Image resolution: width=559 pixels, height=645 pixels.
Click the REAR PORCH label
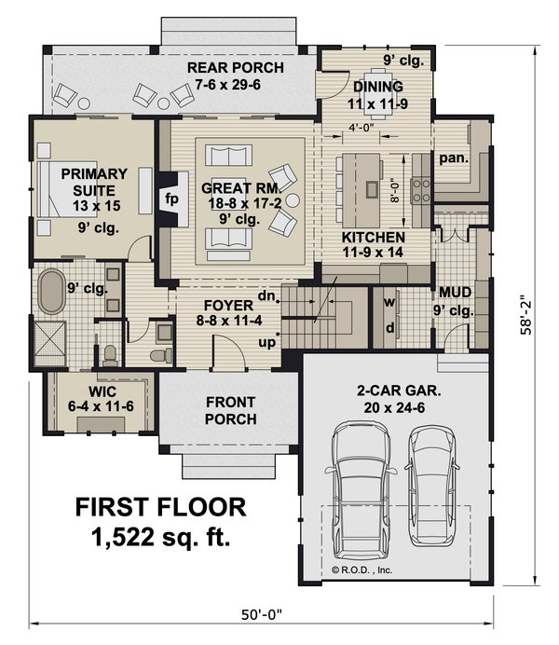coord(235,67)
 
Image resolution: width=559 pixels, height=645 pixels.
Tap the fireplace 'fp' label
coord(171,199)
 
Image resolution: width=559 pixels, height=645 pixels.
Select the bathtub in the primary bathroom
coord(51,291)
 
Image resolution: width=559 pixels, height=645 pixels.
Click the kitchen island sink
coord(373,189)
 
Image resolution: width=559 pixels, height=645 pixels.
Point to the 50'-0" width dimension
coord(262,614)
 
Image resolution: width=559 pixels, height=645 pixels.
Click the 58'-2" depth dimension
coord(526,315)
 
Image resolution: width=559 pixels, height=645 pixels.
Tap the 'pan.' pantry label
coord(454,158)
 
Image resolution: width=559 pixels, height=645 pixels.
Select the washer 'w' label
coord(389,302)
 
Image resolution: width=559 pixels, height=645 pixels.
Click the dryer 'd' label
coord(390,328)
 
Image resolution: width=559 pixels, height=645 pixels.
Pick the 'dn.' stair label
coord(266,295)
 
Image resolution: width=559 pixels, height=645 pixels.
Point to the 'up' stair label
coord(266,342)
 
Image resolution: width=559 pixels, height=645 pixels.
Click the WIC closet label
coord(102,391)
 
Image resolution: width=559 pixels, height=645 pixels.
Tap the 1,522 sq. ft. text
coord(160,537)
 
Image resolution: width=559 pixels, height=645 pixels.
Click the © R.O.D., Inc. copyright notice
coord(361,570)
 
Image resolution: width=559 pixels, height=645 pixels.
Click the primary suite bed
coord(67,189)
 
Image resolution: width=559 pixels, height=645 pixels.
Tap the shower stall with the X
coord(50,344)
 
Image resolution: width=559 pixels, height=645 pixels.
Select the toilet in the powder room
coord(161,354)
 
